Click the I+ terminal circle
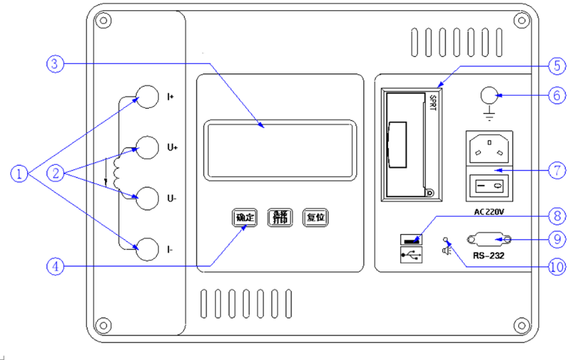(x=147, y=96)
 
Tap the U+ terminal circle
(x=147, y=148)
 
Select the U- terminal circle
(x=147, y=197)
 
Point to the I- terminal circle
(x=147, y=248)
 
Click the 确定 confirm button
(x=245, y=217)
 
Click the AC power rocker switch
(x=490, y=185)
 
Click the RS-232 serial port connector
(x=490, y=240)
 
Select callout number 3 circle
(x=56, y=64)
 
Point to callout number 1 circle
(x=19, y=173)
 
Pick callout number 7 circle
(x=556, y=171)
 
